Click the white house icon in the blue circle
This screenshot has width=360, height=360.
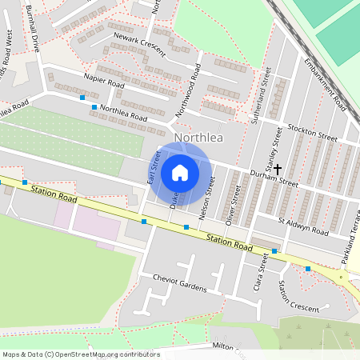[x=180, y=173]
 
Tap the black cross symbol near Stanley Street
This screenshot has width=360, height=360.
[x=278, y=170]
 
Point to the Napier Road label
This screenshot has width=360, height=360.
[x=103, y=81]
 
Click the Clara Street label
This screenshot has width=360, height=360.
[x=258, y=274]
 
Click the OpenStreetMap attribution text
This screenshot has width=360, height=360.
[x=81, y=354]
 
